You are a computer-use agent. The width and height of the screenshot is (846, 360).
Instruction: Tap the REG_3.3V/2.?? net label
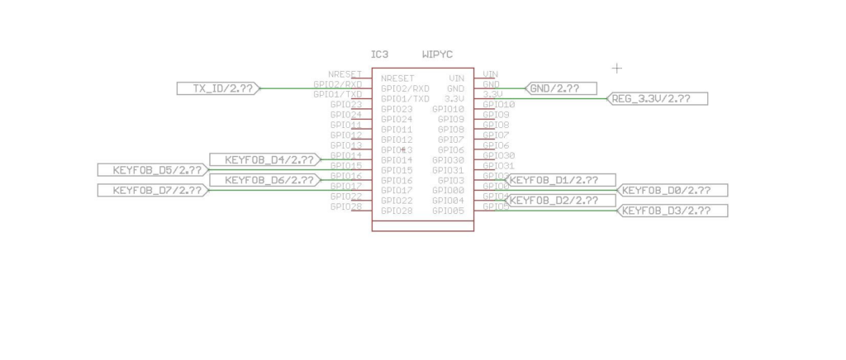658,99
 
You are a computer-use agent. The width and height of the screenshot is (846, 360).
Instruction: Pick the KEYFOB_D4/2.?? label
264,159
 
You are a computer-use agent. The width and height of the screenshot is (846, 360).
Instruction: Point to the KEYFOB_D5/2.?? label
152,170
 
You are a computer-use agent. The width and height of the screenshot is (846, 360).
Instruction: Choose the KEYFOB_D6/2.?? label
264,180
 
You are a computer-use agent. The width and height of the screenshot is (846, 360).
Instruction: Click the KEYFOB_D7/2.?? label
152,191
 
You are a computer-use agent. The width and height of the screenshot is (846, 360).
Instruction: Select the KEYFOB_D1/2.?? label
560,180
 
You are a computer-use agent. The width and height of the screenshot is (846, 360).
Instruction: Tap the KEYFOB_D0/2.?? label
673,191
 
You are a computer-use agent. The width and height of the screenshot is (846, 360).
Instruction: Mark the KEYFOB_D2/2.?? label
560,201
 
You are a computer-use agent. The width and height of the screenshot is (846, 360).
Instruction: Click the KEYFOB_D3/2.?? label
673,211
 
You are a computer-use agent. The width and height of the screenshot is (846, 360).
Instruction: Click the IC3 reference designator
380,54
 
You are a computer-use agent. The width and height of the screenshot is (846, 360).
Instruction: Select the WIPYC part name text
437,54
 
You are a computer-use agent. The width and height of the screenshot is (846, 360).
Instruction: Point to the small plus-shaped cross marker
616,67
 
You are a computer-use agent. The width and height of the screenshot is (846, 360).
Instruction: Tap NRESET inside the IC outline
397,78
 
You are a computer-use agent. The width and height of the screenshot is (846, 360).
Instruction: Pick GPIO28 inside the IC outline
397,212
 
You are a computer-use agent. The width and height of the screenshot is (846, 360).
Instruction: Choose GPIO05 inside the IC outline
449,212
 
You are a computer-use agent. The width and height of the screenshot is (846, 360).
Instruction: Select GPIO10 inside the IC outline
449,109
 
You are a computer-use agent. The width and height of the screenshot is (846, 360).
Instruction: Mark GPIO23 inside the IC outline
397,109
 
